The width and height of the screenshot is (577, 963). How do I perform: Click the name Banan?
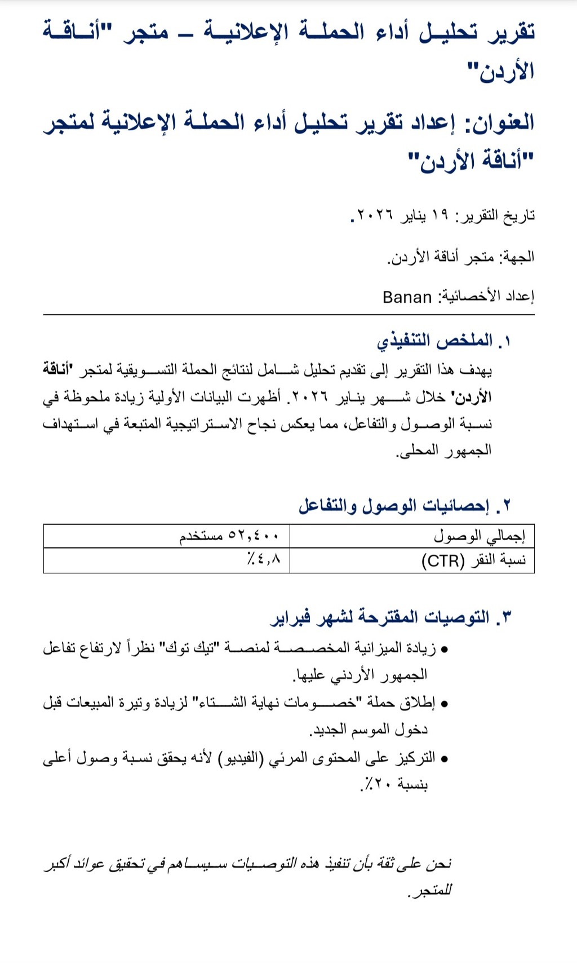tap(407, 297)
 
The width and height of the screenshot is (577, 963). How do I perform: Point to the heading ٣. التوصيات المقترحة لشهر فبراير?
tap(391, 617)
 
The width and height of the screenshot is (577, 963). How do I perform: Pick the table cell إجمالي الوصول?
tap(479, 536)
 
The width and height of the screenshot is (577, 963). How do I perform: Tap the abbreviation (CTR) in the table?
tap(443, 561)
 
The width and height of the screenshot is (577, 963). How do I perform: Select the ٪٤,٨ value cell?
tap(263, 560)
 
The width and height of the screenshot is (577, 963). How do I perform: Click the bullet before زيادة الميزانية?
tap(444, 650)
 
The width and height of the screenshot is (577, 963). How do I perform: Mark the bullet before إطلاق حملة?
tap(444, 704)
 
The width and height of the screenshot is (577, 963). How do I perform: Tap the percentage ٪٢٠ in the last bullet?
tap(378, 784)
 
